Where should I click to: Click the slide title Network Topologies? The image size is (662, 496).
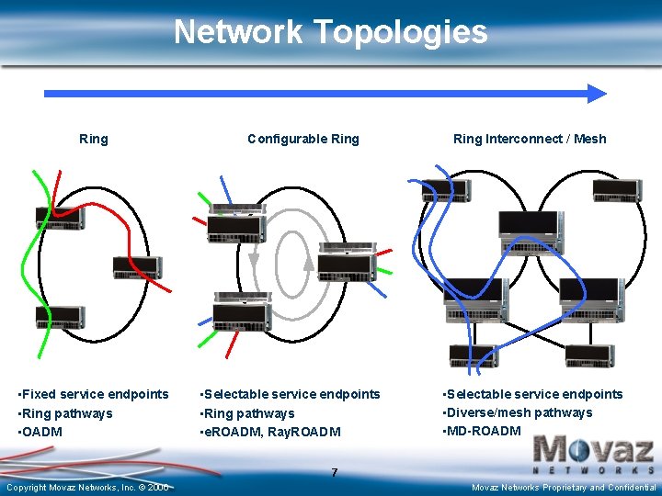pyautogui.click(x=330, y=32)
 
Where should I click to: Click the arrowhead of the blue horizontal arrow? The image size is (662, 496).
pyautogui.click(x=597, y=93)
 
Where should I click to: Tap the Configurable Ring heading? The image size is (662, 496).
pyautogui.click(x=303, y=139)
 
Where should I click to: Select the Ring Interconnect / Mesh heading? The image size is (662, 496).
pyautogui.click(x=530, y=139)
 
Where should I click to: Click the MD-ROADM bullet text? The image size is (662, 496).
pyautogui.click(x=485, y=431)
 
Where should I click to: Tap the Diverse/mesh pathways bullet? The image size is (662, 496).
pyautogui.click(x=519, y=412)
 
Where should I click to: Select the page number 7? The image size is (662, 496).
pyautogui.click(x=335, y=472)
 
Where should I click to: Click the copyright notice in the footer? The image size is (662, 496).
pyautogui.click(x=87, y=487)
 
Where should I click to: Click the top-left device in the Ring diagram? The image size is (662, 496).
pyautogui.click(x=60, y=218)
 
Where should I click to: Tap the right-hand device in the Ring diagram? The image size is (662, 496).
pyautogui.click(x=137, y=267)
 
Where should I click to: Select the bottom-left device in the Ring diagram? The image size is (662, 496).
pyautogui.click(x=61, y=318)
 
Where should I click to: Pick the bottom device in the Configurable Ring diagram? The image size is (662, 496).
pyautogui.click(x=242, y=312)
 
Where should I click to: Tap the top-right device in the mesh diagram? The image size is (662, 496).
pyautogui.click(x=617, y=190)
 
